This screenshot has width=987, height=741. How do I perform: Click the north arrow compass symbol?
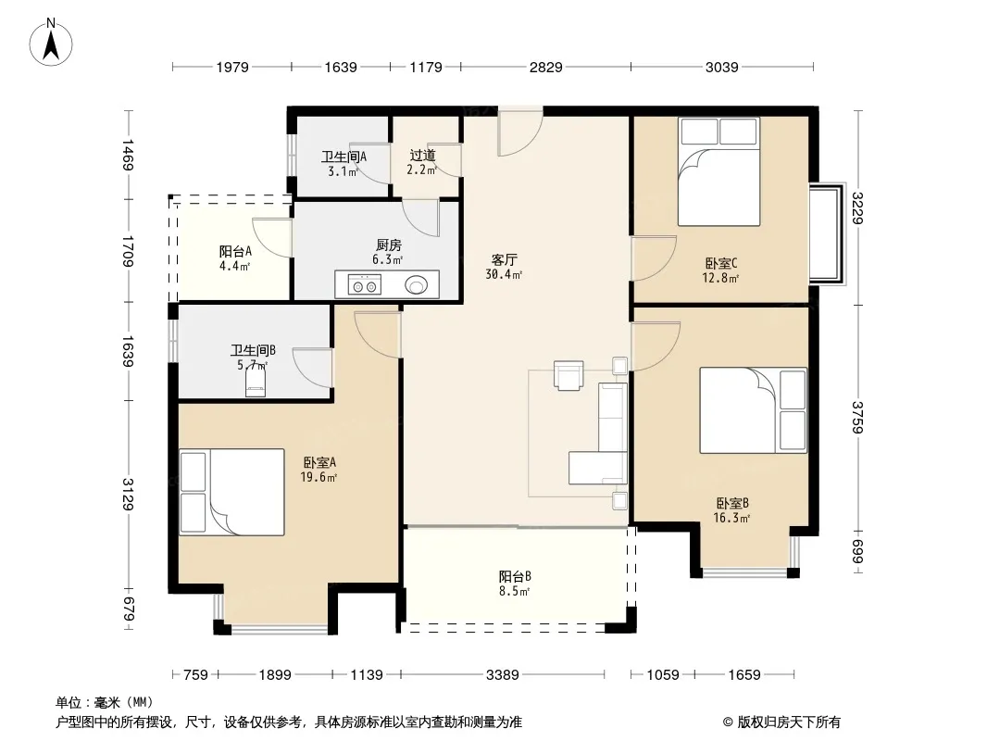tap(51, 43)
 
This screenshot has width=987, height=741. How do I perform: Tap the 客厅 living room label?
tap(504, 259)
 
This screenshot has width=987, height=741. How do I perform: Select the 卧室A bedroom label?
tap(319, 463)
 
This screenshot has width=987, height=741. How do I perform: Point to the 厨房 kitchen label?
tap(388, 245)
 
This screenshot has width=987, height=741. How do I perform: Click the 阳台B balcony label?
tap(515, 576)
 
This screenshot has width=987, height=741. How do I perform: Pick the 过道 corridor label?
tap(422, 156)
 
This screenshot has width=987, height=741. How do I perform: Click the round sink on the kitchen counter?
tap(416, 285)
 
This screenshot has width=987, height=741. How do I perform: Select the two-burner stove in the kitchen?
tap(365, 285)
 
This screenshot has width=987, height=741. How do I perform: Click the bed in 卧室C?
tap(718, 171)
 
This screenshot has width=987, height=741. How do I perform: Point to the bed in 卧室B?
tap(754, 410)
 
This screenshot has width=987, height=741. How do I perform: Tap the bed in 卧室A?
tap(231, 493)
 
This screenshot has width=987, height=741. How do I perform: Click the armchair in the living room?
tap(568, 375)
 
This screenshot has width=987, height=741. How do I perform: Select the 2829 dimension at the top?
tap(545, 68)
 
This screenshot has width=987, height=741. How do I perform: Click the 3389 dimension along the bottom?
tap(503, 675)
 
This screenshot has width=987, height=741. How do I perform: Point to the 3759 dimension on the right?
tap(856, 418)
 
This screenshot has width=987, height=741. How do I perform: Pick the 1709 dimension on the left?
tap(129, 251)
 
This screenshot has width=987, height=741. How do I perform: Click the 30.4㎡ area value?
tap(504, 274)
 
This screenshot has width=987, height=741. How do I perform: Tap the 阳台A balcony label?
tap(235, 251)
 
